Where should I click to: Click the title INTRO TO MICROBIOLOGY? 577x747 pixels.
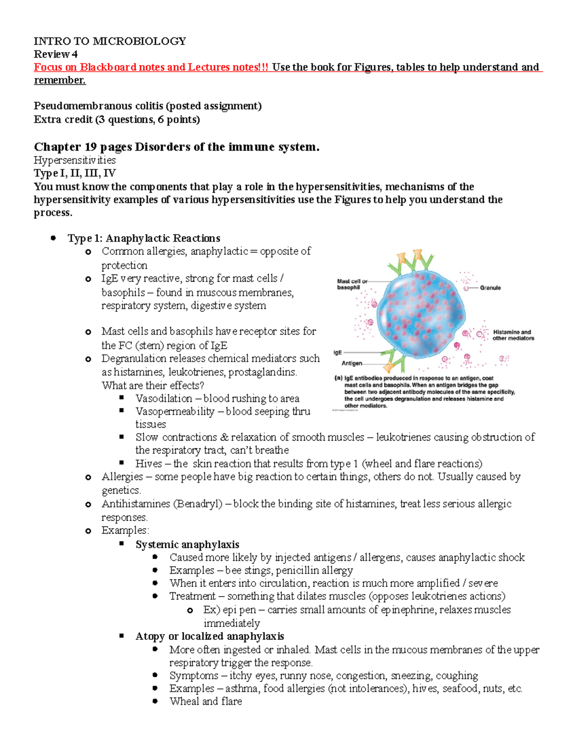110,41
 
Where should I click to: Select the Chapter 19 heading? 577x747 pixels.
176,147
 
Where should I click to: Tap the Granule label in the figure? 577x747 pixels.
490,288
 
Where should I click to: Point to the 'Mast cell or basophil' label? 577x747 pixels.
352,284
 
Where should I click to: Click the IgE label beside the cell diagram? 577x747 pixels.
338,353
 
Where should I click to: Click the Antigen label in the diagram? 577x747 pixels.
351,363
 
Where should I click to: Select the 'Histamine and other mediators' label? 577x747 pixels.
513,335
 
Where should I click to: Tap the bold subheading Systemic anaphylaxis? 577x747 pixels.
187,544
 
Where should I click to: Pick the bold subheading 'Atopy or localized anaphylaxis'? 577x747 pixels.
210,636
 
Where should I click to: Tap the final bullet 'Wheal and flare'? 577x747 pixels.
205,701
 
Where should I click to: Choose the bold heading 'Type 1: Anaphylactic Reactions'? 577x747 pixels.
144,238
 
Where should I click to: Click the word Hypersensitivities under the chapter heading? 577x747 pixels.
75,160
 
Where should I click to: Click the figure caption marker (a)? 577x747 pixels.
338,378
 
